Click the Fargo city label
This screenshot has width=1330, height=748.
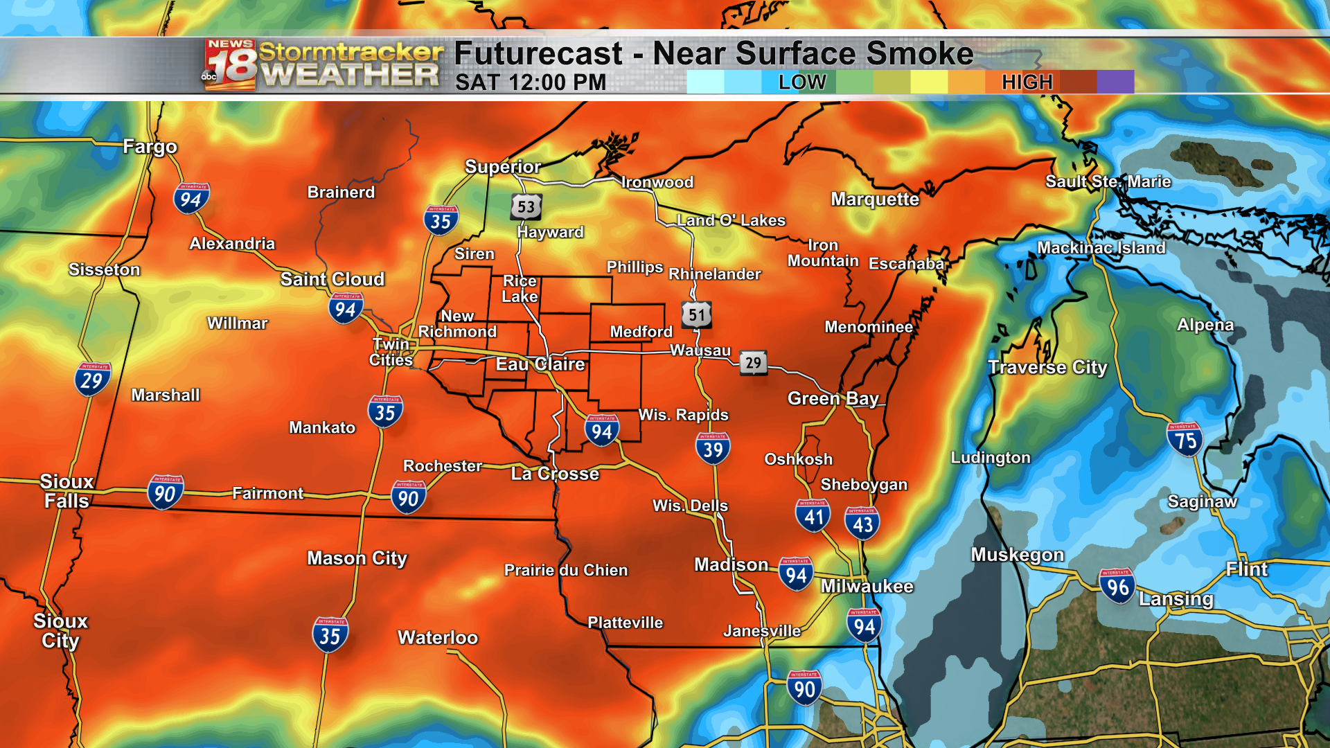click(150, 147)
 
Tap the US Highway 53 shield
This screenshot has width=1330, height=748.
click(526, 206)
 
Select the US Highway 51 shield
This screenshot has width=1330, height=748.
click(696, 315)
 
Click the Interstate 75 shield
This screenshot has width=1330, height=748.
click(1185, 440)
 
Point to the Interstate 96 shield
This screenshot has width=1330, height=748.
click(1117, 587)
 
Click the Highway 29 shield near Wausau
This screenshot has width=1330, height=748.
click(753, 362)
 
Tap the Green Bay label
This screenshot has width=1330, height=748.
click(833, 398)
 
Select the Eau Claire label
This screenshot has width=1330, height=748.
click(540, 364)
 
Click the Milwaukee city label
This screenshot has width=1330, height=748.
click(867, 586)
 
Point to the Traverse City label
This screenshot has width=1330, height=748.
click(1047, 367)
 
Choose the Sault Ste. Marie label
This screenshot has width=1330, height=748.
click(1108, 181)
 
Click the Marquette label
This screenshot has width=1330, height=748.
click(875, 199)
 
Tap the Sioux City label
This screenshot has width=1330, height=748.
click(60, 630)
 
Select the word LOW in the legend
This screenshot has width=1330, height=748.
click(801, 82)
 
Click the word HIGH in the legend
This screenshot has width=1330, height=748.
click(1027, 82)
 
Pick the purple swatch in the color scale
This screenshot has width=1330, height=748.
click(1115, 82)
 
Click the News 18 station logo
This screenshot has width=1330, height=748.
click(230, 65)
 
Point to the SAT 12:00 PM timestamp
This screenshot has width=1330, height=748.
click(531, 82)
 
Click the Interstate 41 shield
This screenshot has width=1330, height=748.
click(813, 515)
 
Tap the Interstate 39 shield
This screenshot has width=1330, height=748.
click(713, 449)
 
